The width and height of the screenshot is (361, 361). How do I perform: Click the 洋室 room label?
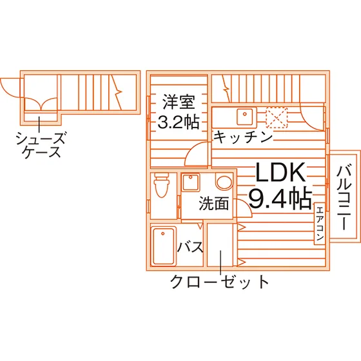point(179,102)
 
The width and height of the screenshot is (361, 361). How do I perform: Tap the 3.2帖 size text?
point(179,122)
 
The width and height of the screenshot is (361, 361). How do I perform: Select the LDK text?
point(280,172)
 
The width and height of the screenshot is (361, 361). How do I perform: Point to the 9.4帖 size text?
point(280,199)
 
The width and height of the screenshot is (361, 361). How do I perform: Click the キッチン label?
point(243,137)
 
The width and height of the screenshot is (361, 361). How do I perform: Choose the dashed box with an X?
point(277,117)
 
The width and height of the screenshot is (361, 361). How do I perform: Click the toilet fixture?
point(162,185)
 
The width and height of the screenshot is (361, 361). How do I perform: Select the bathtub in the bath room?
point(163,246)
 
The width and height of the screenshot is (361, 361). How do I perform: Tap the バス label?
point(190,247)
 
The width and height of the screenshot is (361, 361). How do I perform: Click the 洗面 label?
point(214,203)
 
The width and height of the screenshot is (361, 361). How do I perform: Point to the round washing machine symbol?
point(224,182)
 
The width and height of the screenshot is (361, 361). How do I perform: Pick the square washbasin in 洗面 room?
point(191,182)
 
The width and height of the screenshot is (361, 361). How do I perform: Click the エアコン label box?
point(320,223)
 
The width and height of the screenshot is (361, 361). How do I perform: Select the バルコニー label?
point(344,197)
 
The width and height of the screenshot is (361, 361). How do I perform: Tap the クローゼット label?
point(220,282)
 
